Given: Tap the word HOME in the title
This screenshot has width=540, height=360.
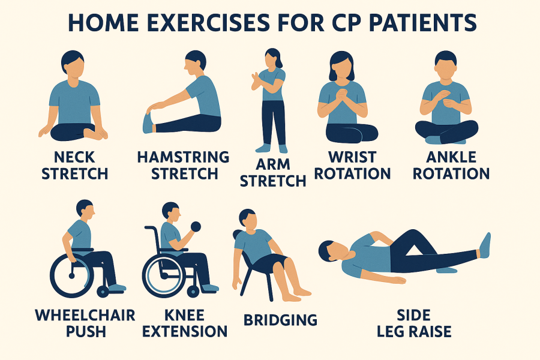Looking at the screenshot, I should click(x=103, y=23).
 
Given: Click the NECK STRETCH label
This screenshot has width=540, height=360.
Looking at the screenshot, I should click(x=75, y=166).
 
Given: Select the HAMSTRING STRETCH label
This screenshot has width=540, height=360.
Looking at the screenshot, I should click(x=184, y=166).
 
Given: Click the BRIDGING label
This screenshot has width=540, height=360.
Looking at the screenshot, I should click(x=280, y=320).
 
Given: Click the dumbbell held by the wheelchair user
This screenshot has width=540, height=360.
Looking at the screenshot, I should click(x=194, y=227).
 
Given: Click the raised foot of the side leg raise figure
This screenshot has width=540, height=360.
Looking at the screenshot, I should click(x=485, y=245).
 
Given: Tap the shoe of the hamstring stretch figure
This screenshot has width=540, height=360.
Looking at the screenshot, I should click(x=148, y=122).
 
